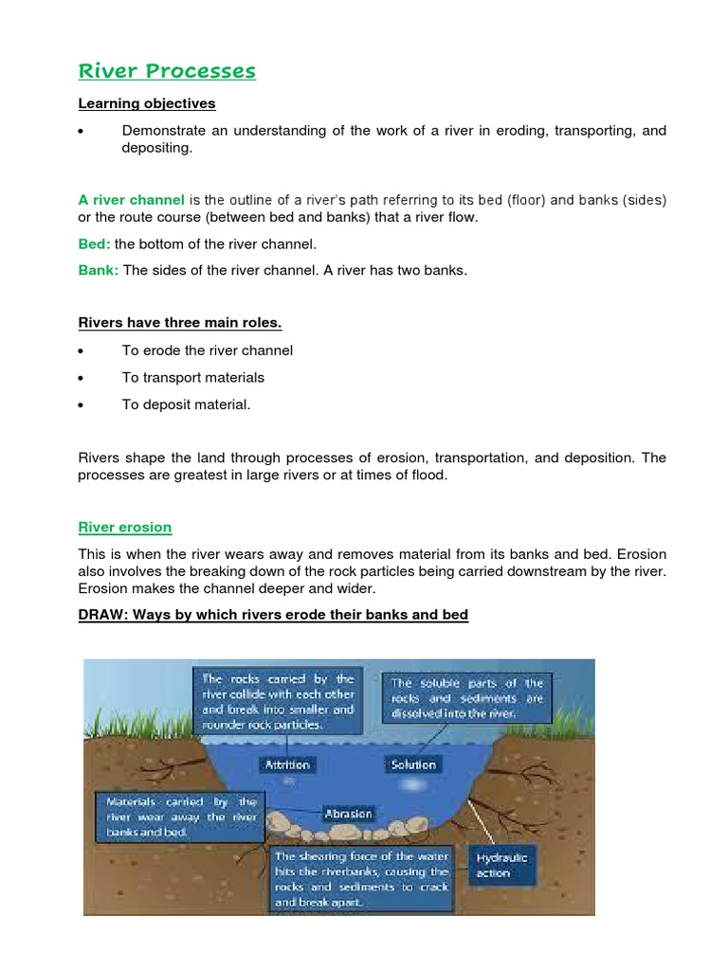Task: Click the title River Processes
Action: tap(166, 71)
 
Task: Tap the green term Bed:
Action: tap(94, 244)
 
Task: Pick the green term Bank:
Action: tap(98, 270)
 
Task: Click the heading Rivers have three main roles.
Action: tap(179, 323)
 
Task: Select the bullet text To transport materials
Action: tap(193, 377)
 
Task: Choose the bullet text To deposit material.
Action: tap(187, 404)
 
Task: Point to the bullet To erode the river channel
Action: tap(208, 350)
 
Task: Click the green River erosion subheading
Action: tap(124, 527)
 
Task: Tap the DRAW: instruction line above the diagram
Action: tap(273, 615)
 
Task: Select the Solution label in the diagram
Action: tap(413, 763)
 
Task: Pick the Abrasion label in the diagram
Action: tap(349, 813)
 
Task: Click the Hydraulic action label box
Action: tap(502, 865)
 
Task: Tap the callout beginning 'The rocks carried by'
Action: tap(277, 702)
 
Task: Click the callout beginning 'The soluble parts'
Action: tap(467, 698)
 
